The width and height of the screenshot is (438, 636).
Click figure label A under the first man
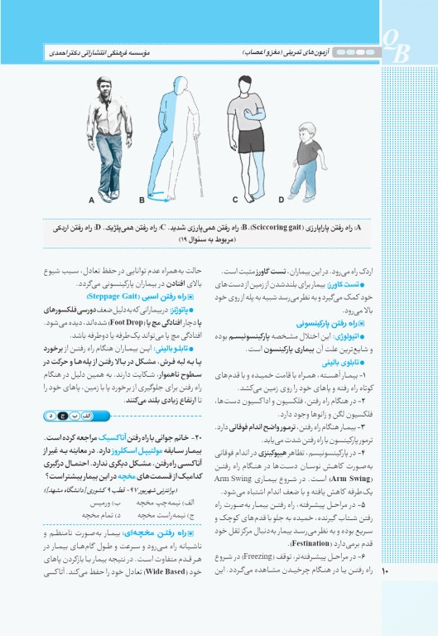(x=92, y=200)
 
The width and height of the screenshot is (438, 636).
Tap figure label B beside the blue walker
(x=142, y=200)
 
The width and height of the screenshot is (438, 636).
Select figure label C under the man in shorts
(x=236, y=200)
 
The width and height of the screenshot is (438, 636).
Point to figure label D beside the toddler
(x=281, y=200)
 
